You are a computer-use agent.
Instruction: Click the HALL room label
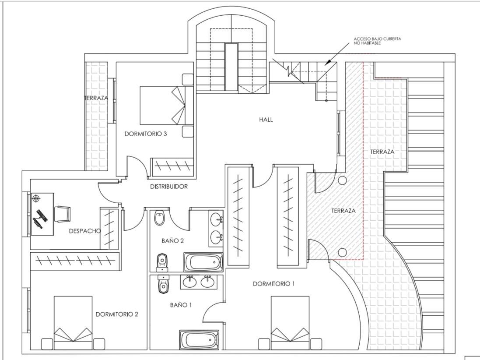266,119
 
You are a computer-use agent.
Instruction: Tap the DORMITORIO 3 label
145,134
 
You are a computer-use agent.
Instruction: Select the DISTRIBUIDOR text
169,187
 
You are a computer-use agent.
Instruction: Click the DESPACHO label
85,231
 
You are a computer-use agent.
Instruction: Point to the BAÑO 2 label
172,240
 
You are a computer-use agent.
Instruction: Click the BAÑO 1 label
181,305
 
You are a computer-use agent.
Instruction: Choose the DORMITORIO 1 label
273,284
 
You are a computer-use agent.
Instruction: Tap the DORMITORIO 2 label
117,314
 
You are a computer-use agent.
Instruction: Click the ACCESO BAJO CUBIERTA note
377,41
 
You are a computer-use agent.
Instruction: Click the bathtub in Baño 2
203,262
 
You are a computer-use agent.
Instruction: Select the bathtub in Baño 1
199,339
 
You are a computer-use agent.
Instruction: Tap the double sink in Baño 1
198,282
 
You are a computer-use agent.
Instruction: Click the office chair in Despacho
62,214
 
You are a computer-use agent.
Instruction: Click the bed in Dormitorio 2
73,322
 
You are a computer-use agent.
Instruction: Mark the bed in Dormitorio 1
290,322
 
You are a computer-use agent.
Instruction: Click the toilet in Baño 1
163,285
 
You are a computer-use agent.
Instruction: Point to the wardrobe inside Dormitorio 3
172,166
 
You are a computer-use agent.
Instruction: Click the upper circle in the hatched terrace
342,180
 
